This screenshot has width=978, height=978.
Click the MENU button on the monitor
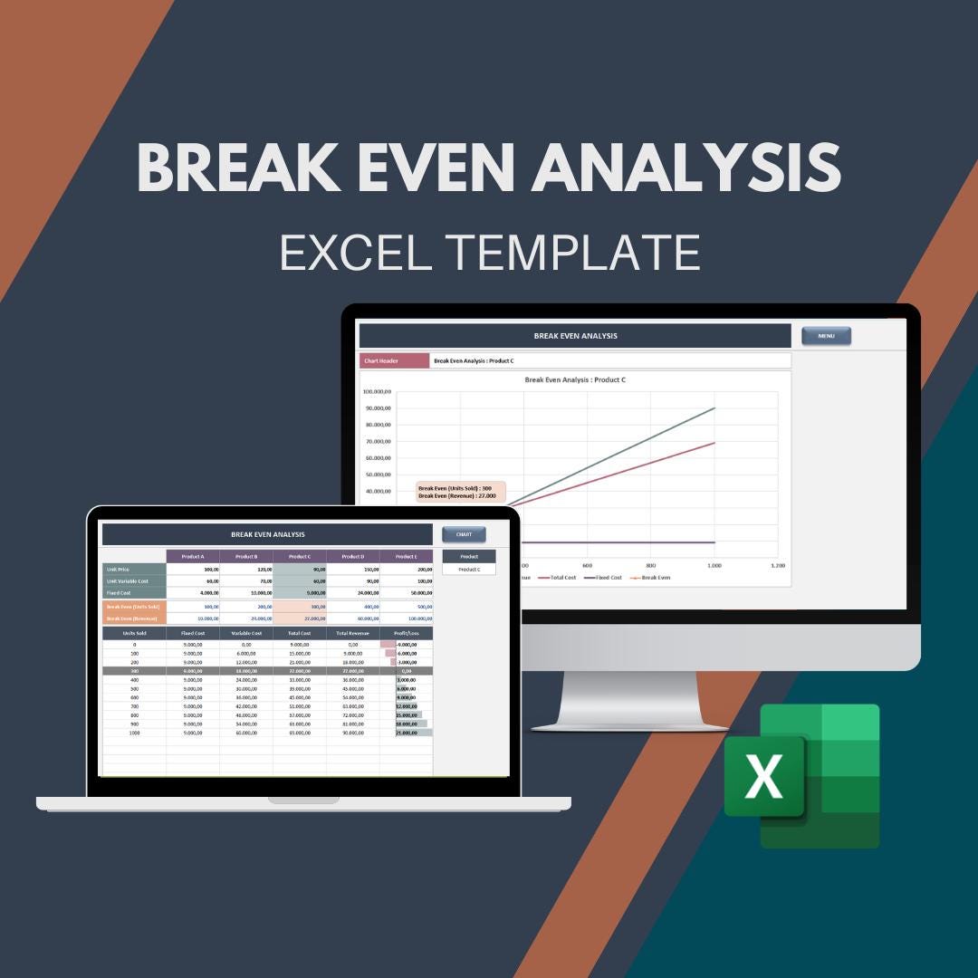tap(826, 336)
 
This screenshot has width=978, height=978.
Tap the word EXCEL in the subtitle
tap(356, 253)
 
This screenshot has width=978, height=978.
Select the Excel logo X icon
tap(765, 777)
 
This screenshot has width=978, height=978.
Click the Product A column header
tap(193, 557)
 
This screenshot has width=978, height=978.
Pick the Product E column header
tap(406, 557)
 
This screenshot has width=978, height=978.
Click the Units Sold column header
tap(134, 634)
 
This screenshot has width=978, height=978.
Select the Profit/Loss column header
tap(406, 634)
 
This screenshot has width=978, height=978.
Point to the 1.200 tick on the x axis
tap(777, 565)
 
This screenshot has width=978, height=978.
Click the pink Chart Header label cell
tap(394, 360)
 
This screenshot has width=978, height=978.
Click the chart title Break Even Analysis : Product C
tap(575, 379)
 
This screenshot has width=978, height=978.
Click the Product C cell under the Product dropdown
tap(469, 570)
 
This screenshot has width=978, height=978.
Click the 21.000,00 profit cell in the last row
tap(406, 733)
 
